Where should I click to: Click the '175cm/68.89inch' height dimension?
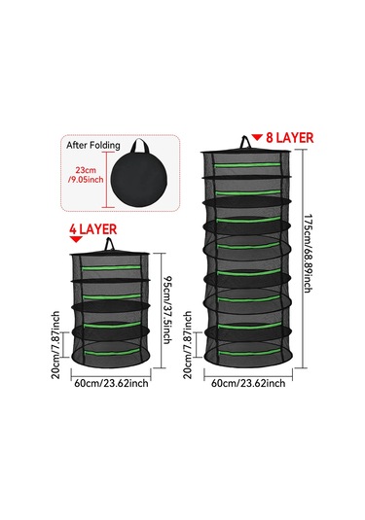308,256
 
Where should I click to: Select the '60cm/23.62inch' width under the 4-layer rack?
111,382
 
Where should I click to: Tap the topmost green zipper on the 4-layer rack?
111,263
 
